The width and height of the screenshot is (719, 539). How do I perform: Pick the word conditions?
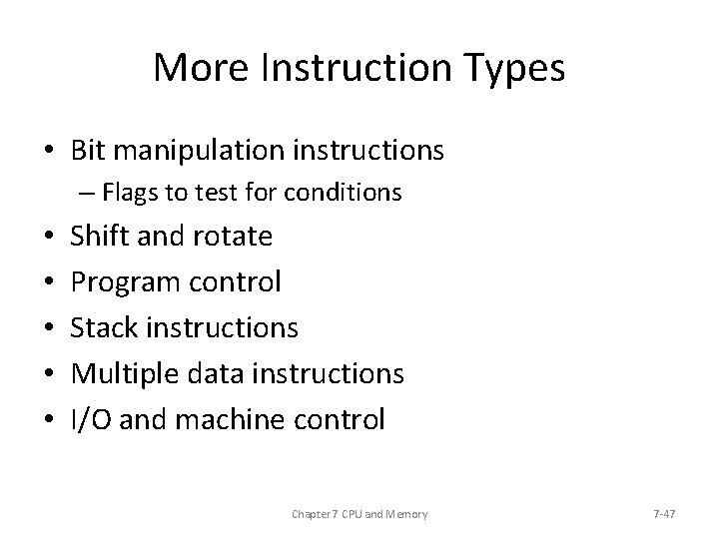pyautogui.click(x=349, y=192)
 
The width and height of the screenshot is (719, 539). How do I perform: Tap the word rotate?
pyautogui.click(x=232, y=237)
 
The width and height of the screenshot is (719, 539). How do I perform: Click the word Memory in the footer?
pyautogui.click(x=405, y=513)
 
